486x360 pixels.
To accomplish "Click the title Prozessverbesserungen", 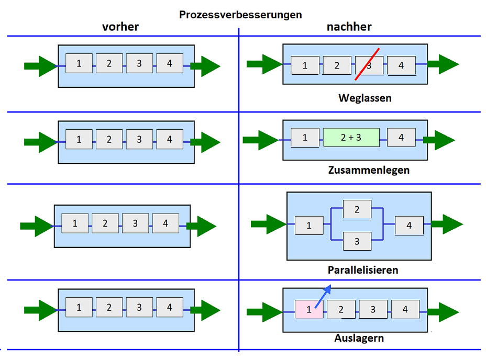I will tap(240, 14).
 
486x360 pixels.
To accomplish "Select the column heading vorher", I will tap(120, 27).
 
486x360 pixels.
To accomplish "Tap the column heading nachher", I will tap(349, 27).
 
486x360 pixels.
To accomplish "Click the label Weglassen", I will tap(364, 98).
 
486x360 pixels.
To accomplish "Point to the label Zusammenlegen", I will tap(369, 170).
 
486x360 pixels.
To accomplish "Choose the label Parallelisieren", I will tap(363, 270).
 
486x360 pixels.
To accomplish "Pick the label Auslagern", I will tap(359, 338).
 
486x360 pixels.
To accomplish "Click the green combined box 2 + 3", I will tap(351, 138).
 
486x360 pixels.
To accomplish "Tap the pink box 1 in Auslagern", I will tap(308, 309).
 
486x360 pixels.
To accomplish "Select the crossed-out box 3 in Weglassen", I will tap(369, 65).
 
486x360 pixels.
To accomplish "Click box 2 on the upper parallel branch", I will tap(357, 209).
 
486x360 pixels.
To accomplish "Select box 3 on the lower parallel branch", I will tap(357, 241).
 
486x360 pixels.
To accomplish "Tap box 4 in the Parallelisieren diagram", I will tap(409, 226).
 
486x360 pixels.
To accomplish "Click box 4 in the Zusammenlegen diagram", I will tap(401, 138).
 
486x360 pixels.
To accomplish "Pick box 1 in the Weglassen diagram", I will tap(305, 65).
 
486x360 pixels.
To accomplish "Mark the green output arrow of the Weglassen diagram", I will tap(443, 64).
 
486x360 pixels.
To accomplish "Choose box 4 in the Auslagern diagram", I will tap(405, 309).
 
